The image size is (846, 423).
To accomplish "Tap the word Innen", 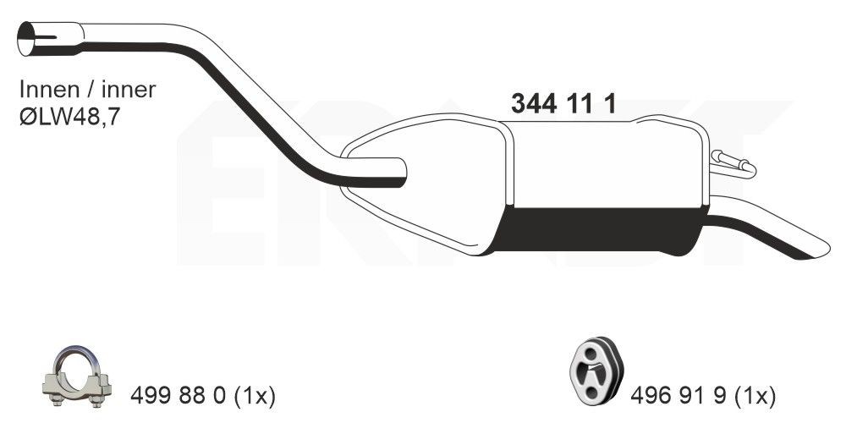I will (x=47, y=90).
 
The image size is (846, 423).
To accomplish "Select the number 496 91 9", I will (x=673, y=395).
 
